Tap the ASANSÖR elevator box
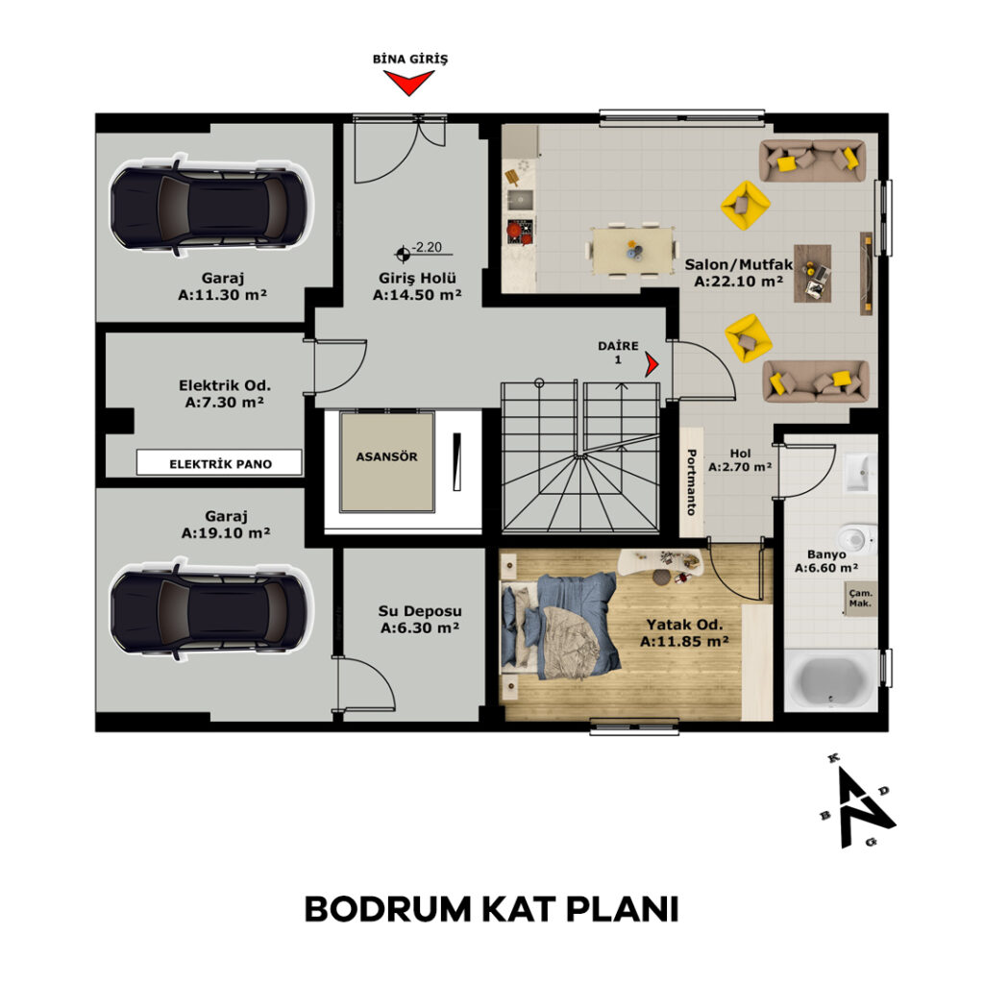coord(386,461)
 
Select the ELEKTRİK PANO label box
coord(220,463)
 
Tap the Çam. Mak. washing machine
coord(860,598)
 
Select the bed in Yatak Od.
coord(560,626)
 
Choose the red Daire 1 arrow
coord(652,364)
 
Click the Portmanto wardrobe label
coord(692,482)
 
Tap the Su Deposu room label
coord(420,620)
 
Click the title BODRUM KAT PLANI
coord(491,908)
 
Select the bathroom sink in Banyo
coord(860,472)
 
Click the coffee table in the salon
coord(813,274)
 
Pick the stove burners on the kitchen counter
coord(520,231)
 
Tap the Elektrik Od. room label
coord(225,393)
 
